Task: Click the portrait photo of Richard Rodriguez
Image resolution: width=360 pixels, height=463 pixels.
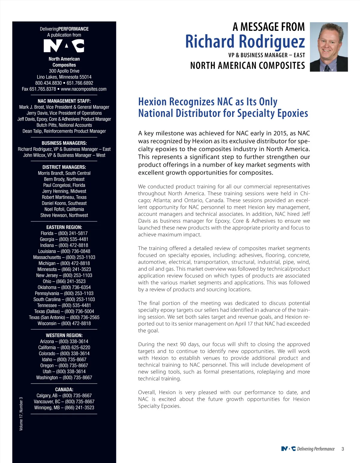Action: (x=328, y=47)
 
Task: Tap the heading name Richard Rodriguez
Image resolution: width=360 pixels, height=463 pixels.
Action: (x=245, y=41)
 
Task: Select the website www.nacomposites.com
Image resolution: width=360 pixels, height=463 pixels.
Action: (x=84, y=89)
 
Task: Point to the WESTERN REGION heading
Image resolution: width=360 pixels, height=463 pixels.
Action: (x=64, y=335)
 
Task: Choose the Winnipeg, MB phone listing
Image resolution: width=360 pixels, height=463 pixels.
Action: (x=64, y=408)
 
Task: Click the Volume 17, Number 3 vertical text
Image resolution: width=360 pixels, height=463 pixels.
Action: (x=21, y=414)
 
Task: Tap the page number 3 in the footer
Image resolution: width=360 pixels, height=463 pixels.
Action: (x=343, y=449)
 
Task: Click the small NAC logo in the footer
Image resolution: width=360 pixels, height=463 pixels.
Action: (x=288, y=449)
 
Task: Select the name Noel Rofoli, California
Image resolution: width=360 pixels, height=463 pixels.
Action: (x=64, y=209)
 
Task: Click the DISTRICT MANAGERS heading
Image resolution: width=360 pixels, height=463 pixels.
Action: (x=64, y=167)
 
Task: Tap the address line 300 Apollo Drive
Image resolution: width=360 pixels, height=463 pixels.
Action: (x=64, y=71)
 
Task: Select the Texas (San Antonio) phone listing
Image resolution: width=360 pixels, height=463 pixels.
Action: (x=64, y=317)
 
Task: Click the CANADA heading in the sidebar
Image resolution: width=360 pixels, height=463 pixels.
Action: (x=64, y=390)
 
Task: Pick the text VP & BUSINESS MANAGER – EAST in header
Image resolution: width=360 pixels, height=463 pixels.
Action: (x=266, y=55)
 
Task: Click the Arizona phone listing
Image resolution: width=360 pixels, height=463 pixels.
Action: (x=64, y=341)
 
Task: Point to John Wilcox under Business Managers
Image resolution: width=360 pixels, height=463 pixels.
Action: (x=34, y=155)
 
